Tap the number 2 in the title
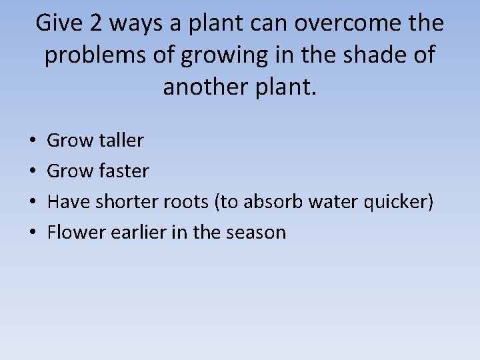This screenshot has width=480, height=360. (96, 23)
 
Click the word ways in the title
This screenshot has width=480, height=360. (136, 23)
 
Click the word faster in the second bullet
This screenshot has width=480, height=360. (123, 171)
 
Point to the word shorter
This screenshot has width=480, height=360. (123, 201)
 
